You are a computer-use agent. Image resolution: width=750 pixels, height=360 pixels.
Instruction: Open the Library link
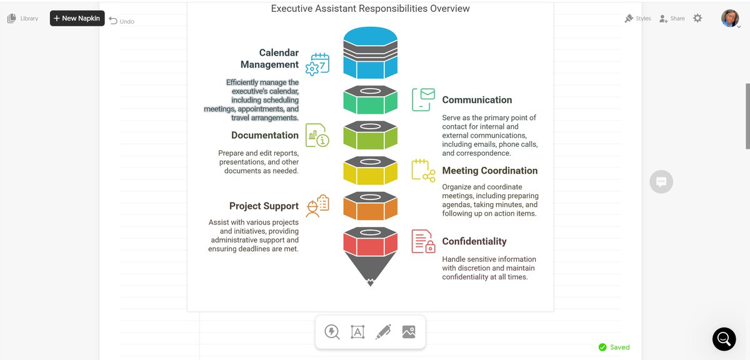pyautogui.click(x=22, y=19)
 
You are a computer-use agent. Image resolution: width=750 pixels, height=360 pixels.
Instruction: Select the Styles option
pyautogui.click(x=637, y=19)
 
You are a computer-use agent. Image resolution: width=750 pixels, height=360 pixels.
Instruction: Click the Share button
pyautogui.click(x=672, y=19)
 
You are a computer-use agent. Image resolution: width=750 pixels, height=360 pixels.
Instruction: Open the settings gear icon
pyautogui.click(x=697, y=19)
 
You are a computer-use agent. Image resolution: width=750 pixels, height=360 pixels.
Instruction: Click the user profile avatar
pyautogui.click(x=729, y=18)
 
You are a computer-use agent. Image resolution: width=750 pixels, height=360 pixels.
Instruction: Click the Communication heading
pyautogui.click(x=477, y=100)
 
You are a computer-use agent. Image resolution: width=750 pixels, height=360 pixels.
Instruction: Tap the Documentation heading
pyautogui.click(x=265, y=135)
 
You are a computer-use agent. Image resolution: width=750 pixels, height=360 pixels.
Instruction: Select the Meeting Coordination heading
pyautogui.click(x=489, y=171)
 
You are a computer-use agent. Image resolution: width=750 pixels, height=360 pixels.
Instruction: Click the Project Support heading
pyautogui.click(x=264, y=206)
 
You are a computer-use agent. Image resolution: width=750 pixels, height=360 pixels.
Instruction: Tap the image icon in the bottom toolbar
pyautogui.click(x=409, y=332)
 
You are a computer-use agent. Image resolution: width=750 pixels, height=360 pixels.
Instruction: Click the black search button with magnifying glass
pyautogui.click(x=724, y=339)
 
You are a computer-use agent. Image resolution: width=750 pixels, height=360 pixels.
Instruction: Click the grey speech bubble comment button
pyautogui.click(x=661, y=182)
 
